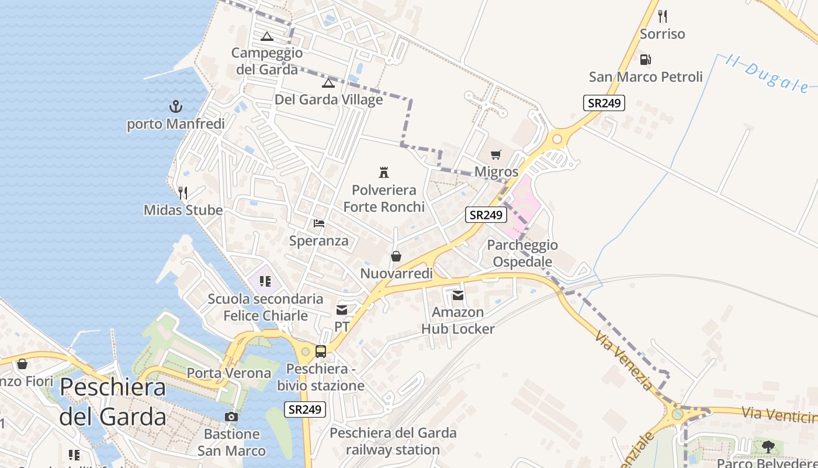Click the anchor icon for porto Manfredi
tap(175, 106)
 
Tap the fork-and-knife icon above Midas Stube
tap(183, 192)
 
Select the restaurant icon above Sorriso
tap(662, 16)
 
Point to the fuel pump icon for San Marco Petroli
tap(646, 59)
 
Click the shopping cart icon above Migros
tap(496, 154)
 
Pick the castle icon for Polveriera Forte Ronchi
tap(384, 172)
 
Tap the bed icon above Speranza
tap(319, 223)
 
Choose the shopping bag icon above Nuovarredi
tap(396, 256)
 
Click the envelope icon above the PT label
tap(342, 309)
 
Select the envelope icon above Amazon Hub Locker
tap(458, 295)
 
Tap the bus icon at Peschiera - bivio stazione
tap(321, 351)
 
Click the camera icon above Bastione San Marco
tap(231, 417)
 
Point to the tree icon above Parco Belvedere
tap(768, 447)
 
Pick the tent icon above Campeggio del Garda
tap(267, 36)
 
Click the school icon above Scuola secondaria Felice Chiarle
tap(265, 281)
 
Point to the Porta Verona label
tap(229, 373)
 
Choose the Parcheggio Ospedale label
tap(522, 253)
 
